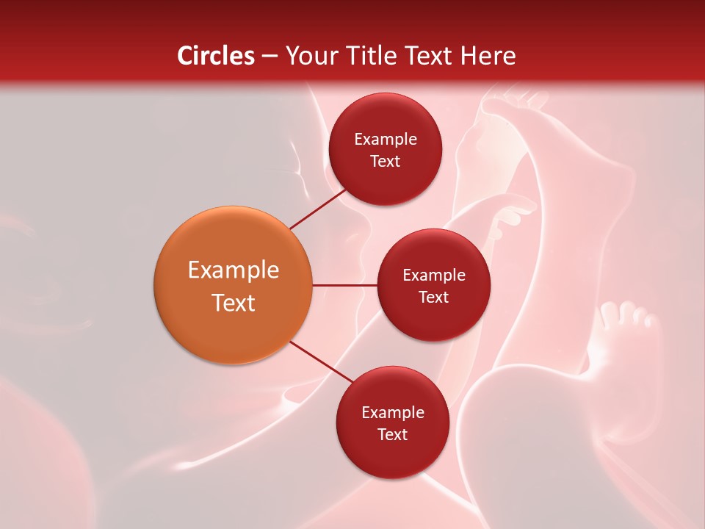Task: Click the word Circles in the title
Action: (216, 56)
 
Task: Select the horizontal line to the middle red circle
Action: (344, 285)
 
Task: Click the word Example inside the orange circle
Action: (233, 270)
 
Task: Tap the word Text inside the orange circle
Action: (233, 303)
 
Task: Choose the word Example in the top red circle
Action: (385, 139)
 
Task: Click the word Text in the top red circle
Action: (385, 161)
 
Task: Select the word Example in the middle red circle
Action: (433, 275)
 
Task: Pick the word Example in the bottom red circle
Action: (392, 412)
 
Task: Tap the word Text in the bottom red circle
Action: (392, 434)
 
